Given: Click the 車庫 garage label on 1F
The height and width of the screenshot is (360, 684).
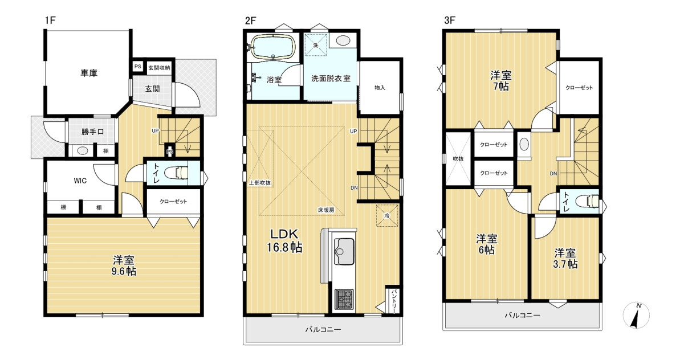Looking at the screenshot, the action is pyautogui.click(x=89, y=73).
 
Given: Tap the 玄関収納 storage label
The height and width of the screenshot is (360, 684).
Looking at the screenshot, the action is pyautogui.click(x=159, y=68).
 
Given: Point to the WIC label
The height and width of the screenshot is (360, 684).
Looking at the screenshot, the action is pyautogui.click(x=80, y=181).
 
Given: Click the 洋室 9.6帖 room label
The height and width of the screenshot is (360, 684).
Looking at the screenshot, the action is pyautogui.click(x=124, y=266).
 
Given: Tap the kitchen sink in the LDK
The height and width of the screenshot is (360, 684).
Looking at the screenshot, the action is pyautogui.click(x=344, y=252).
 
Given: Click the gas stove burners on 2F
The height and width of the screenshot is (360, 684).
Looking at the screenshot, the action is pyautogui.click(x=344, y=299).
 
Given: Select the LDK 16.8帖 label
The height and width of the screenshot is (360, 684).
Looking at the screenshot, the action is pyautogui.click(x=284, y=241).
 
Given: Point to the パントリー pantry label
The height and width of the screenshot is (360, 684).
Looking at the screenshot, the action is pyautogui.click(x=394, y=301).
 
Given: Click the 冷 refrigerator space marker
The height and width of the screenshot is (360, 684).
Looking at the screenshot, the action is pyautogui.click(x=387, y=216).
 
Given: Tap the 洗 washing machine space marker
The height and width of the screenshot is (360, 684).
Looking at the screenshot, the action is pyautogui.click(x=316, y=45).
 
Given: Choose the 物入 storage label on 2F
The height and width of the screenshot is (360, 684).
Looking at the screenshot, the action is pyautogui.click(x=380, y=88).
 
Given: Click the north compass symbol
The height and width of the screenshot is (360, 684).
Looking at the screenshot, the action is pyautogui.click(x=636, y=315).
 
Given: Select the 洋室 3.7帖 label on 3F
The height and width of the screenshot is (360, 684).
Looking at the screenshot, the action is pyautogui.click(x=565, y=259).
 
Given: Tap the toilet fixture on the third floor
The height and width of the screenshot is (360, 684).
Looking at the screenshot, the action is pyautogui.click(x=587, y=201).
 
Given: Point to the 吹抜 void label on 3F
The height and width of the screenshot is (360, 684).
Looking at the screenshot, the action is pyautogui.click(x=458, y=159).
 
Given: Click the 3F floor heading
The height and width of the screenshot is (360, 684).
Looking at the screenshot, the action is pyautogui.click(x=450, y=21).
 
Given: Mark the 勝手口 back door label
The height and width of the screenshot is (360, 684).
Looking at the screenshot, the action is pyautogui.click(x=92, y=132).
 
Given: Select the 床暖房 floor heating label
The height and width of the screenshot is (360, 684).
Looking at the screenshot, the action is pyautogui.click(x=326, y=210).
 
